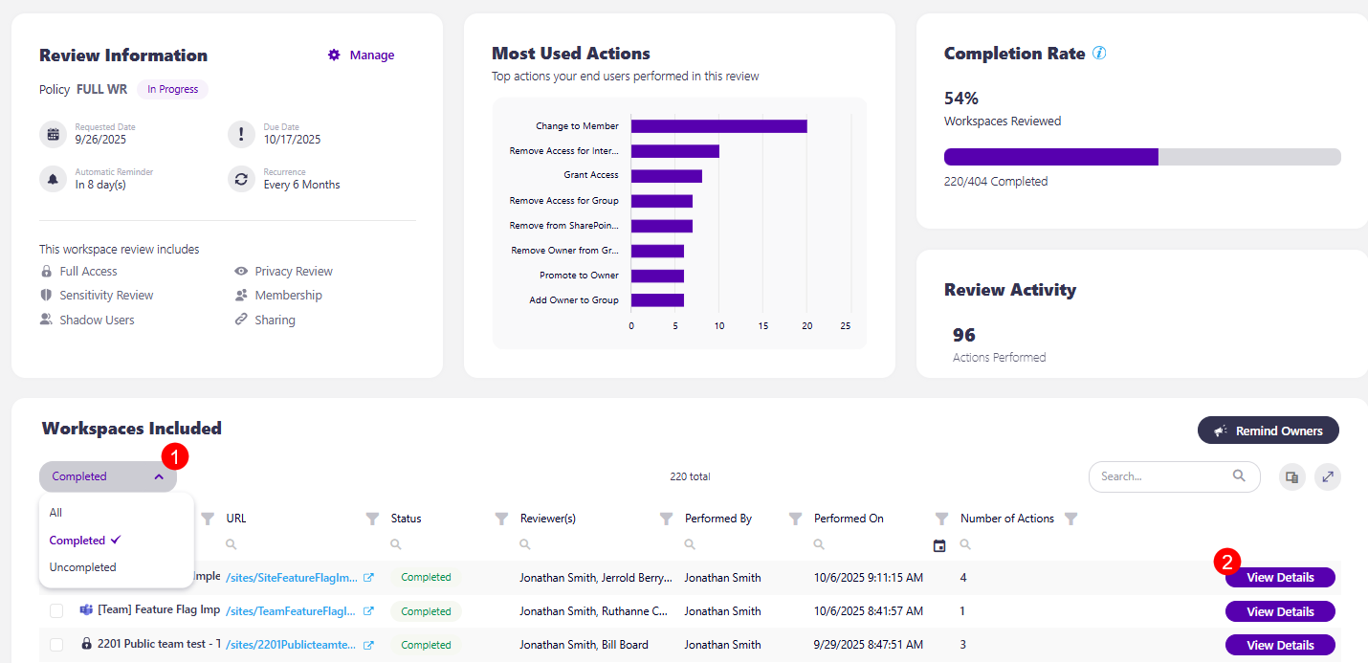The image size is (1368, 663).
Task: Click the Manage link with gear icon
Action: pos(362,55)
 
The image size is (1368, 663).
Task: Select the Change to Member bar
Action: pos(718,126)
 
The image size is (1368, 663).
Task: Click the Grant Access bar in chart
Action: pos(666,176)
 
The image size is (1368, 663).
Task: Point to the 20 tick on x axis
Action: pos(806,326)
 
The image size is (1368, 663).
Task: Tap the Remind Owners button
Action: pos(1268,431)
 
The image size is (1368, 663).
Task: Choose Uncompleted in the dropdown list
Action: pos(83,567)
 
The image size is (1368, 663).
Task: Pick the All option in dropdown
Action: pos(56,513)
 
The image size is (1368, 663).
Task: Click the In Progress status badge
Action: pos(172,90)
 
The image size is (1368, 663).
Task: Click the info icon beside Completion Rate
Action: pos(1099,54)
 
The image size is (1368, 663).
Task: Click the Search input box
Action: pos(1162,476)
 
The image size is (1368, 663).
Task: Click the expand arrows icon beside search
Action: pos(1327,476)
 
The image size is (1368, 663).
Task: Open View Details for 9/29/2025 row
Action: pos(1279,646)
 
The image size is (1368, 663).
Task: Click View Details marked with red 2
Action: pos(1279,578)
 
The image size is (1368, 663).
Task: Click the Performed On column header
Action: pos(849,519)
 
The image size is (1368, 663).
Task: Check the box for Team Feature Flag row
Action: pos(56,611)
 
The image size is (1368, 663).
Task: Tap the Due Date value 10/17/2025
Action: pos(292,140)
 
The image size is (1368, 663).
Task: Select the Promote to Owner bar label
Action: pos(579,276)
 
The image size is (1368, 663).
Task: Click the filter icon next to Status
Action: pos(500,519)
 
